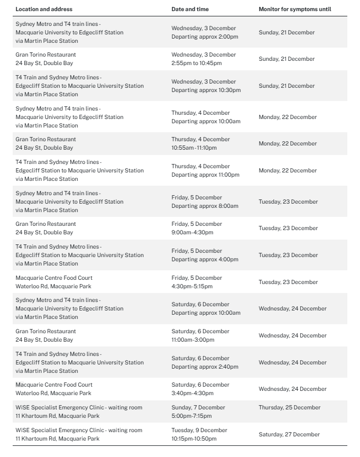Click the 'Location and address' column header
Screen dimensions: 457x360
click(44, 9)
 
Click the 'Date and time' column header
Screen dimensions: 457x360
click(190, 9)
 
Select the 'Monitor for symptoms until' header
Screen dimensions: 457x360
click(295, 9)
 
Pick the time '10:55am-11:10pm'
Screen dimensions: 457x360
click(194, 148)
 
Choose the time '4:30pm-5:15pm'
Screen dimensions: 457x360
click(192, 286)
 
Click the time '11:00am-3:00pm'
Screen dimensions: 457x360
click(193, 340)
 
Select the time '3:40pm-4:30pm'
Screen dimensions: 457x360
click(192, 393)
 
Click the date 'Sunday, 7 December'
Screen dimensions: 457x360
click(198, 407)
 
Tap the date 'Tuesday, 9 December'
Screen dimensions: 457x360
click(199, 430)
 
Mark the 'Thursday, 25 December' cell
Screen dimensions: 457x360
click(290, 407)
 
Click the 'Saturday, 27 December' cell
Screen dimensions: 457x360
click(289, 434)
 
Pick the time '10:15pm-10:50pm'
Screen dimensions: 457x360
click(194, 438)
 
